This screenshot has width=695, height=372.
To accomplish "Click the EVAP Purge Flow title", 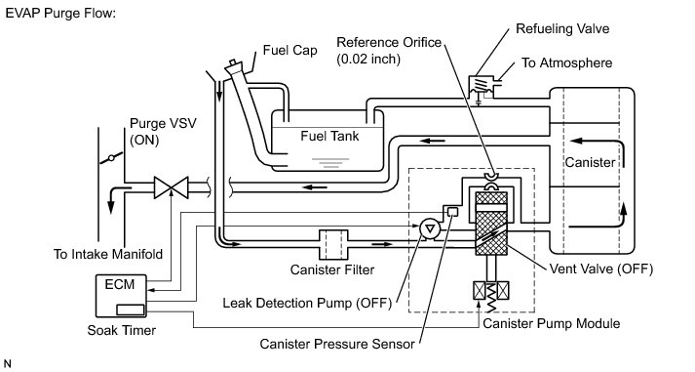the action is (60, 14).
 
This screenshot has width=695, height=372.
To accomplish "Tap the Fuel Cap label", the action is (290, 50).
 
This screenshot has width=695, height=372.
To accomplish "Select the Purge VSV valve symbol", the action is (172, 187).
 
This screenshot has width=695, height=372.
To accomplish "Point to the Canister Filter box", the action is (333, 244).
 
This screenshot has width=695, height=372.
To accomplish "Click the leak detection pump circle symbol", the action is (430, 228).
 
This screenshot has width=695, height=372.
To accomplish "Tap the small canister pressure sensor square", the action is (452, 211).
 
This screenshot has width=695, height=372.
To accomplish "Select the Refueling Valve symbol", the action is (481, 87).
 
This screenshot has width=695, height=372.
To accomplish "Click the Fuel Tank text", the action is (329, 136).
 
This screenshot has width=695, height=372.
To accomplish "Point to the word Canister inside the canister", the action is (590, 162).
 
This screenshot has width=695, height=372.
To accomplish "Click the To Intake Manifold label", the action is (107, 254).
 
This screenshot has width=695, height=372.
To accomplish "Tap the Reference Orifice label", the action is (389, 50).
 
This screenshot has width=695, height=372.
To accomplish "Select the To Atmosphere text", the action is (566, 63).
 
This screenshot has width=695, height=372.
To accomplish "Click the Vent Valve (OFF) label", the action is (601, 269).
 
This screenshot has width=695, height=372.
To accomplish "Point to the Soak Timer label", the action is (122, 330).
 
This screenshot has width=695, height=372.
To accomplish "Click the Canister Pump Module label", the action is (551, 323).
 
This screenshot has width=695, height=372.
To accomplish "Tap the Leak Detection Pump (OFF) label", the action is (307, 304).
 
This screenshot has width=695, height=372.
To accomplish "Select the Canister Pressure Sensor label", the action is (337, 344).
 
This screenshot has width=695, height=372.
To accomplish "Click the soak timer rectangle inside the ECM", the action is (131, 310).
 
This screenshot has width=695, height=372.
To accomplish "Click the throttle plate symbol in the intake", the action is (111, 157).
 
